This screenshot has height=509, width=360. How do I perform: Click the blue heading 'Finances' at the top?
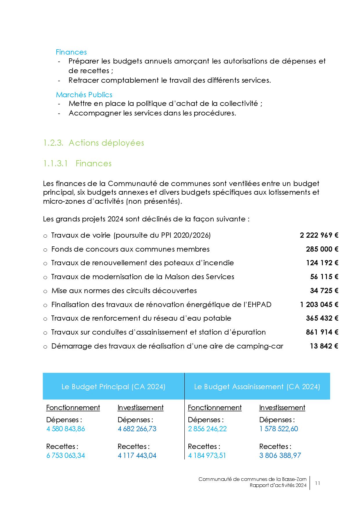tap(71, 52)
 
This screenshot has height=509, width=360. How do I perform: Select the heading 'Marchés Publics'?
tap(84, 95)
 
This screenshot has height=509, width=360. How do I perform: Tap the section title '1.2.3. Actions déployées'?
tap(93, 143)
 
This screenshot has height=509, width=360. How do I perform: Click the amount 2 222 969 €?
tap(319, 235)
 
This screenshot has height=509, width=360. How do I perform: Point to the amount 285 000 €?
tap(322, 249)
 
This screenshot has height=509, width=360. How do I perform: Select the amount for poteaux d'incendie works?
tap(322, 263)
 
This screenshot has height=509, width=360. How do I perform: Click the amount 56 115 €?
tap(324, 277)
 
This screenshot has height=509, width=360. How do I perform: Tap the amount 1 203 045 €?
tap(319, 304)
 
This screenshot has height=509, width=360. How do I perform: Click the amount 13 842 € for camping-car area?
tap(324, 346)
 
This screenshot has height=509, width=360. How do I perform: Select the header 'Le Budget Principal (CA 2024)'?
tap(113, 387)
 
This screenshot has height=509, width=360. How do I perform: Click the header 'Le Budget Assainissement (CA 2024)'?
tap(257, 387)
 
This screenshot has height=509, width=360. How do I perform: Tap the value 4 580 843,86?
tap(66, 429)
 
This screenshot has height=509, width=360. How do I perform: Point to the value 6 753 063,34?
tap(66, 455)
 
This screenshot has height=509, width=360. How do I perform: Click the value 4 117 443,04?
tap(137, 455)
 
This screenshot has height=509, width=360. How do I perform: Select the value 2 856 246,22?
tap(207, 429)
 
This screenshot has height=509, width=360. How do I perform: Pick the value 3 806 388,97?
tap(280, 455)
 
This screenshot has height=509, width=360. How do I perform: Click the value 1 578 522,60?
tap(278, 429)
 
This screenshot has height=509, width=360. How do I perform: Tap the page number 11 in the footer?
tap(317, 483)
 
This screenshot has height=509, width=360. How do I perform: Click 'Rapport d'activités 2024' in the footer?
tap(278, 485)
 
